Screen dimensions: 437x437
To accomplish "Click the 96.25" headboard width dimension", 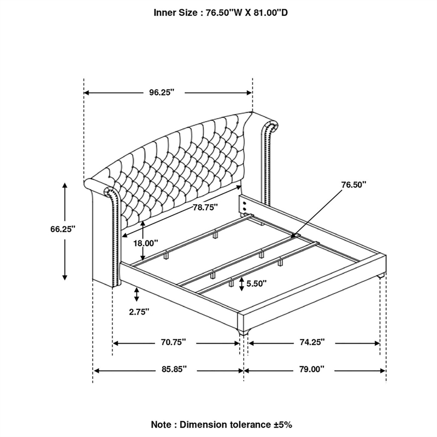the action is pyautogui.click(x=162, y=92).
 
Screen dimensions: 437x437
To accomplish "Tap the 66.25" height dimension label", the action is pyautogui.click(x=63, y=229).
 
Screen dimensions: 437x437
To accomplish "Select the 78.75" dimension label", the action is pyautogui.click(x=205, y=208).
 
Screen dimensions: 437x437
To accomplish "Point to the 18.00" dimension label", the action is pyautogui.click(x=145, y=243).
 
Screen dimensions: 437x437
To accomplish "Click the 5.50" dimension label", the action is pyautogui.click(x=256, y=284).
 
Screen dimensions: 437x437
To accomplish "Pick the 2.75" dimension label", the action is pyautogui.click(x=139, y=312).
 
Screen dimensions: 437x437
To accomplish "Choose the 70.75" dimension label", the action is pyautogui.click(x=173, y=342).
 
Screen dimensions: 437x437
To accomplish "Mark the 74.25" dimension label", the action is pyautogui.click(x=312, y=342).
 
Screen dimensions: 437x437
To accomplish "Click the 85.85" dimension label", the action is pyautogui.click(x=174, y=369).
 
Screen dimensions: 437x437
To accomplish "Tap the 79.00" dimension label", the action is pyautogui.click(x=312, y=369).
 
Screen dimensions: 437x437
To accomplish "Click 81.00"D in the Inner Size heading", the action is pyautogui.click(x=270, y=13).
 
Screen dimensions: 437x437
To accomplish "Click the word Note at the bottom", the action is pyautogui.click(x=161, y=425).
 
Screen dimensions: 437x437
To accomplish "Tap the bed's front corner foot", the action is pyautogui.click(x=243, y=331).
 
